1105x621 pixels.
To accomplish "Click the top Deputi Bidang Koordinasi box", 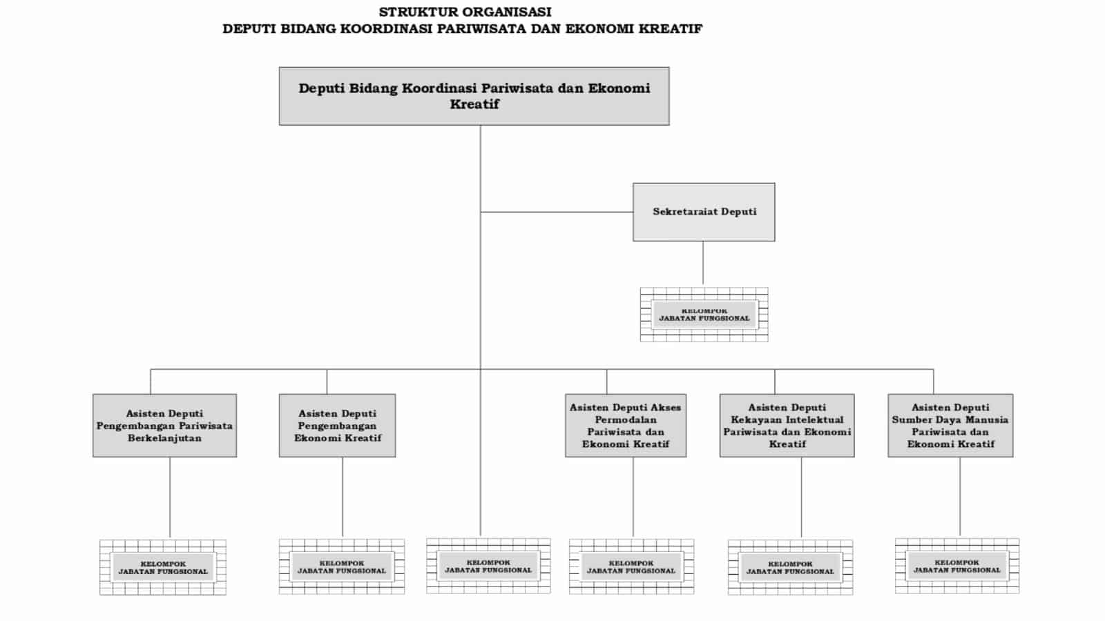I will [474, 96].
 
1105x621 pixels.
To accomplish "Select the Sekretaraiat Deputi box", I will [704, 212].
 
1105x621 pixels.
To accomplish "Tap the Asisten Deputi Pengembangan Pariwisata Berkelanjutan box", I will [164, 425].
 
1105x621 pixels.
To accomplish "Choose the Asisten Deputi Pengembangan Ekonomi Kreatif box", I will [337, 425].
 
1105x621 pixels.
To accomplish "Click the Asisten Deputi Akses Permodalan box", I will [625, 425].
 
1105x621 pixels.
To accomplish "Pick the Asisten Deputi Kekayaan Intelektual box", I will [787, 425].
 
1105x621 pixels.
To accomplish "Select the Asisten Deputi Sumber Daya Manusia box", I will [950, 425].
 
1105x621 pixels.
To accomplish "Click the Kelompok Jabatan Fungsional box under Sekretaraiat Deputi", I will [704, 315].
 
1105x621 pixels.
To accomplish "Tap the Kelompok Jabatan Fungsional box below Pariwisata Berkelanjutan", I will [163, 567].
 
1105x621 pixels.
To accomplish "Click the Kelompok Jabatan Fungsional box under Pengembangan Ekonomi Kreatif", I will [342, 566].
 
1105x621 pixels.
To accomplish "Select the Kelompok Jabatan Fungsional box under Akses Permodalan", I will [631, 566].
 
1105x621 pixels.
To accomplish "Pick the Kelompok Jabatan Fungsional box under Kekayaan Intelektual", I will [790, 567].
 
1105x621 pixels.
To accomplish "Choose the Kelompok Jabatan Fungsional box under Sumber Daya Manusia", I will [957, 566].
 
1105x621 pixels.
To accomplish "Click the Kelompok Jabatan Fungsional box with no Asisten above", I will [488, 566].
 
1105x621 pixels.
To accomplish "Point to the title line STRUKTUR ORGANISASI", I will [465, 12].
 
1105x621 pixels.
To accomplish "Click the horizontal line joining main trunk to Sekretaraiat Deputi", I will [557, 212].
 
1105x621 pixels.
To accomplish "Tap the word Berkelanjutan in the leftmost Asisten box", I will [164, 437].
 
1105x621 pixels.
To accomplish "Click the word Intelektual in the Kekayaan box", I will [815, 420].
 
